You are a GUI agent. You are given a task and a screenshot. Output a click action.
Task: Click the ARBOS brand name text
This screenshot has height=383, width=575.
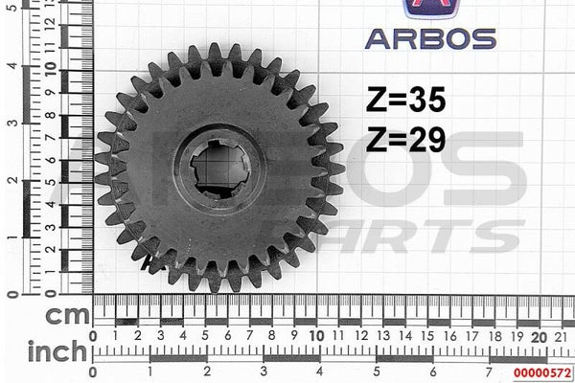[430, 39]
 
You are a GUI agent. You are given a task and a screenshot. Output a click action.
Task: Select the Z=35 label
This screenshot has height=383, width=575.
[406, 100]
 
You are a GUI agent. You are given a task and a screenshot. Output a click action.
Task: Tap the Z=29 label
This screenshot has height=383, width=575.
[406, 139]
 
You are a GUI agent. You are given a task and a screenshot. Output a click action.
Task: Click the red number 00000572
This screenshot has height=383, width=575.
[542, 373]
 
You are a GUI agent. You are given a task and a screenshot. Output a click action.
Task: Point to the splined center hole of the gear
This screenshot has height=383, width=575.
[220, 169]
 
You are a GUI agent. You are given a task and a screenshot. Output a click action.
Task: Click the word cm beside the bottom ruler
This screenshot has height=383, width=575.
[67, 315]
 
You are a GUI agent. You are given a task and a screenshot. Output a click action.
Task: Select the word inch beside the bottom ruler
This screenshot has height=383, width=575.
[57, 351]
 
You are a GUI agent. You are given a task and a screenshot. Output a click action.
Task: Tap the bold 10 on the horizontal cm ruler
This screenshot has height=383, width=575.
[317, 336]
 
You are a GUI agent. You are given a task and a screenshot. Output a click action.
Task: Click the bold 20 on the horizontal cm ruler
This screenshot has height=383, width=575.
[539, 337]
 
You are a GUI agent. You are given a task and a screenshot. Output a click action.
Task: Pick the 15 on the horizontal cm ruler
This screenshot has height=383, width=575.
[427, 336]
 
